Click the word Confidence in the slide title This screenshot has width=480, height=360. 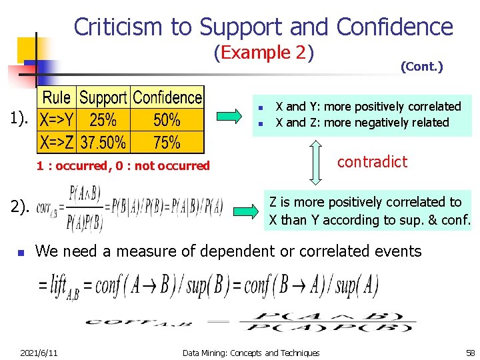pyautogui.click(x=395, y=27)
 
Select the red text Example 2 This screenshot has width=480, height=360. pyautogui.click(x=264, y=53)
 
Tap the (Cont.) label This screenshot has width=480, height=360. pyautogui.click(x=421, y=67)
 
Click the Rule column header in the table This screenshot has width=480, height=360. pyautogui.click(x=57, y=98)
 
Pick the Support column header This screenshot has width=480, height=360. pyautogui.click(x=103, y=98)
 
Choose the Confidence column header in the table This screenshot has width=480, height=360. pyautogui.click(x=167, y=98)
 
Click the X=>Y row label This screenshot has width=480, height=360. pyautogui.click(x=57, y=120)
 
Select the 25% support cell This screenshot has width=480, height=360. pyautogui.click(x=103, y=120)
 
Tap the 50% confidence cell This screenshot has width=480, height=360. pyautogui.click(x=167, y=120)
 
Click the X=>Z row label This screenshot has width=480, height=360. pyautogui.click(x=57, y=142)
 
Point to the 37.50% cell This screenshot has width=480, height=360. pyautogui.click(x=103, y=142)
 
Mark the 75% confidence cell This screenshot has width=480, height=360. pyautogui.click(x=167, y=142)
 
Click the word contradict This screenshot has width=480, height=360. pyautogui.click(x=372, y=162)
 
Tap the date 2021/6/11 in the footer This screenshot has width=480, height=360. pyautogui.click(x=39, y=353)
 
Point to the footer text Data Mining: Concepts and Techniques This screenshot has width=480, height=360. pyautogui.click(x=251, y=353)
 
